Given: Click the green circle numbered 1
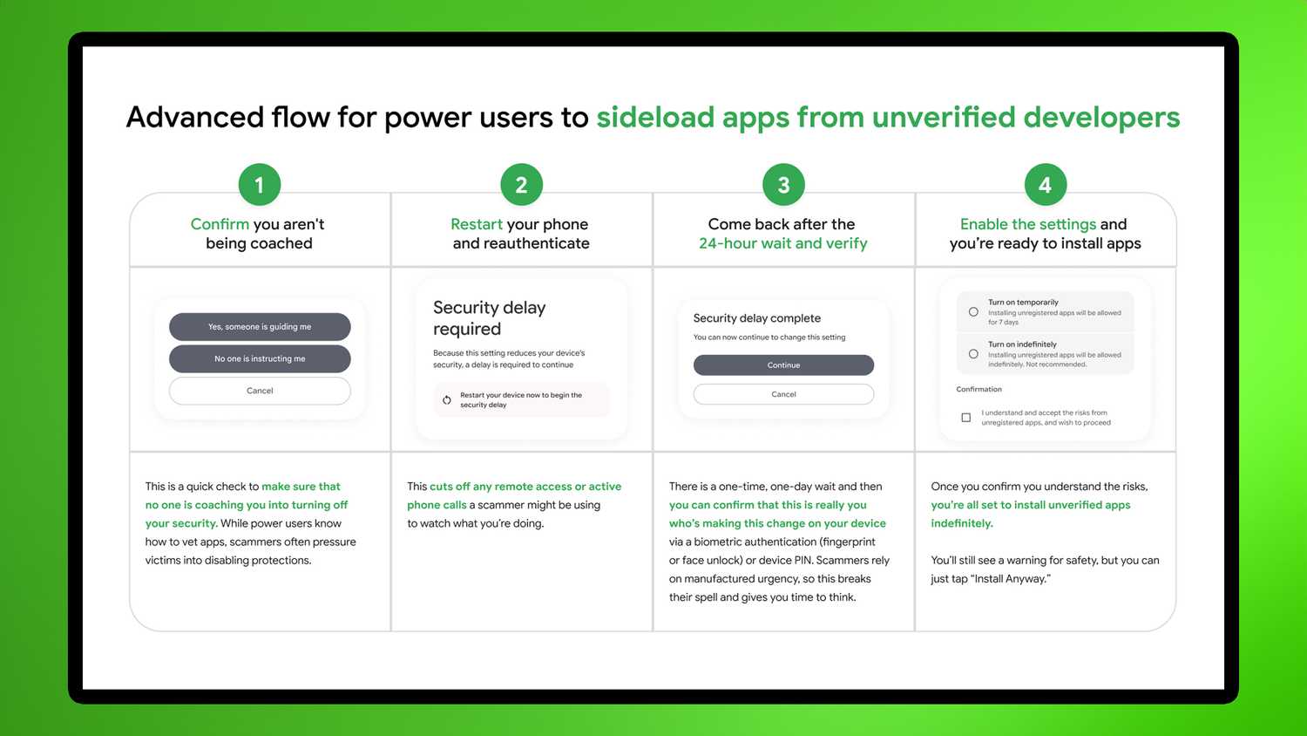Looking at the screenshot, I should (x=259, y=185).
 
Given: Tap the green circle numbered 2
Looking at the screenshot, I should (x=521, y=185).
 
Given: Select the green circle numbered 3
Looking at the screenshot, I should (x=783, y=185).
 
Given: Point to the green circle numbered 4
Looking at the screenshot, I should (x=1045, y=185).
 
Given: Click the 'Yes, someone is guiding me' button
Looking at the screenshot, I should (x=260, y=327).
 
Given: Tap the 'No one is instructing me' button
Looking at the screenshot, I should (x=260, y=358).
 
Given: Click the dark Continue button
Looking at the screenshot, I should (x=783, y=365).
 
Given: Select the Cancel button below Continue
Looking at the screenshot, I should (x=783, y=394).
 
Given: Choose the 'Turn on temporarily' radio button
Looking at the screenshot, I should (x=973, y=311).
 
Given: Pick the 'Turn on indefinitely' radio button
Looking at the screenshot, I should (x=973, y=354).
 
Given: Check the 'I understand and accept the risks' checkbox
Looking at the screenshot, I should (x=965, y=418).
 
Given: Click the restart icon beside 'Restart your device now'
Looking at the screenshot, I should (x=447, y=400).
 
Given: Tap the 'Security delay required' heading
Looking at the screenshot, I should (x=489, y=318).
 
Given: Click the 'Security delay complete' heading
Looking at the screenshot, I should (x=756, y=318).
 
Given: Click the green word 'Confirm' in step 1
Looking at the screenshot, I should (x=220, y=224).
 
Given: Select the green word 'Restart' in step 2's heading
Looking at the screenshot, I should (x=477, y=224).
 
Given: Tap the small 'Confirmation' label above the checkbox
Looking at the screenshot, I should (x=979, y=390).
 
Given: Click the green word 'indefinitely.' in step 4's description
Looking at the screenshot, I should (x=962, y=523).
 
